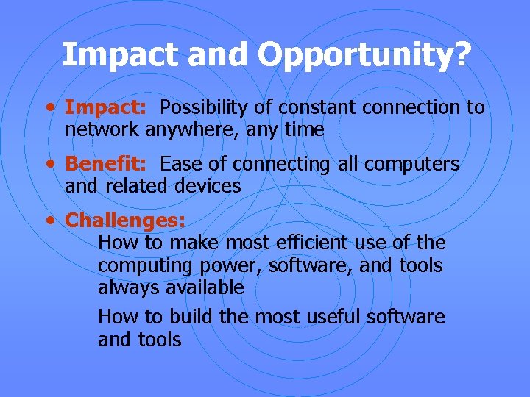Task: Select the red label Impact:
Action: click(x=106, y=108)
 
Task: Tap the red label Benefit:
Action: click(x=106, y=164)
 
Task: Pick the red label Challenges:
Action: click(x=125, y=220)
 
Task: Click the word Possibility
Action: click(x=205, y=108)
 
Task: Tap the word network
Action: click(x=102, y=130)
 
